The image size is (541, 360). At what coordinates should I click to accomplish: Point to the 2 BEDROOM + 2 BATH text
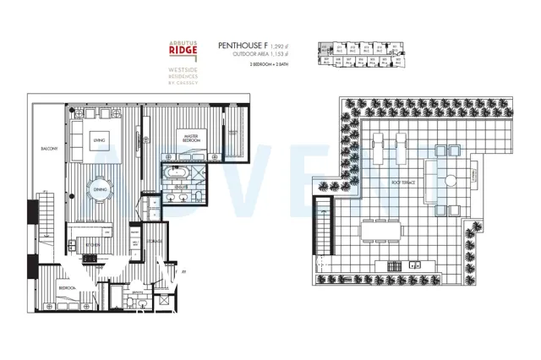coord(270,64)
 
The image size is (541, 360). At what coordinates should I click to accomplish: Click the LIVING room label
coord(99,140)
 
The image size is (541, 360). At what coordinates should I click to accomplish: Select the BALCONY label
coord(48,149)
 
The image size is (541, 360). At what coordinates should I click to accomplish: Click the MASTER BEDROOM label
coord(186,136)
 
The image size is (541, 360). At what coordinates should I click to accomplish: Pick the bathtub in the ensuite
coord(178,172)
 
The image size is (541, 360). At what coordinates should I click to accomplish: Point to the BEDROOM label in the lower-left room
coord(68,288)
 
